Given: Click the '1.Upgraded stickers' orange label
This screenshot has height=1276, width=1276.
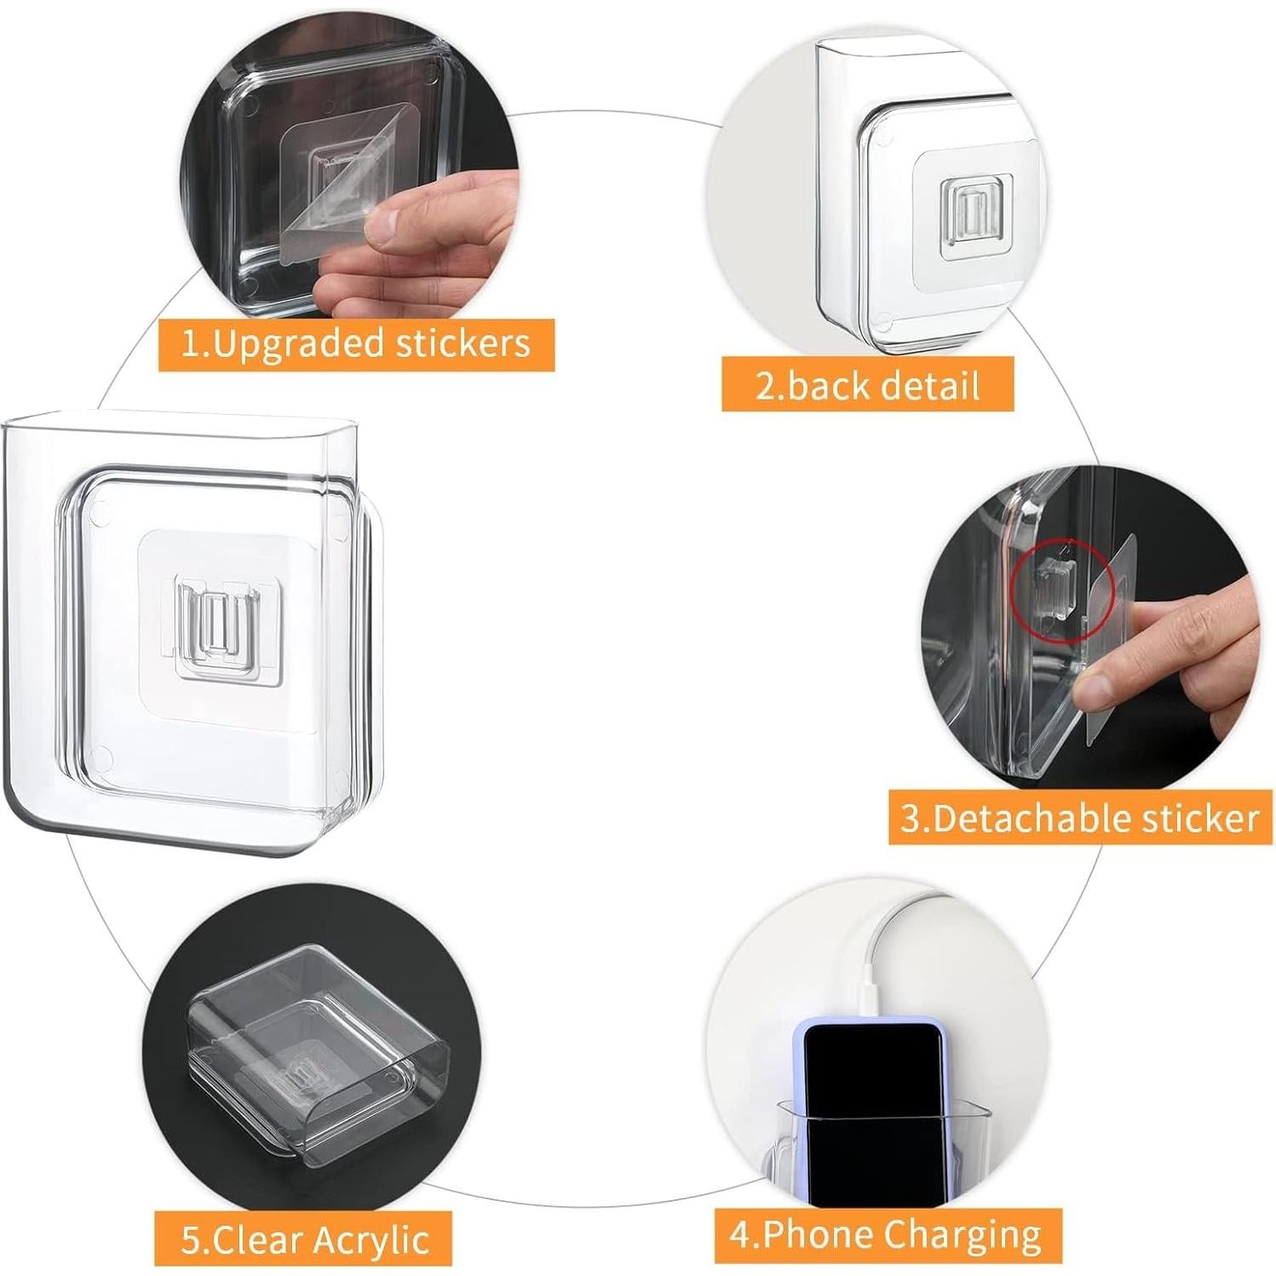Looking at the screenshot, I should (356, 344).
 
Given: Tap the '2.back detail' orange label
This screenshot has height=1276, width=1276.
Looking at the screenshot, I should (867, 385).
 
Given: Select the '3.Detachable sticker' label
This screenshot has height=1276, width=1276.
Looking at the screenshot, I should (1080, 818).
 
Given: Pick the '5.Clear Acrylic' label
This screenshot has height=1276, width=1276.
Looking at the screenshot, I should (304, 1239).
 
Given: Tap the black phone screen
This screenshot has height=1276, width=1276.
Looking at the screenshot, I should (872, 1107).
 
